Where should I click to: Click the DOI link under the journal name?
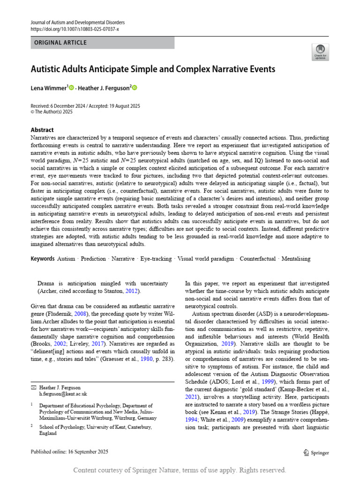(x=75, y=29)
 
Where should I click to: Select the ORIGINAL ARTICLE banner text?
(x=60, y=43)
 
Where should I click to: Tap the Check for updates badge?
(x=321, y=52)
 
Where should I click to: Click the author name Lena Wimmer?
(x=49, y=88)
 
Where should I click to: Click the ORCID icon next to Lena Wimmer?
(x=71, y=88)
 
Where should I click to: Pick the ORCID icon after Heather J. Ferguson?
(x=134, y=88)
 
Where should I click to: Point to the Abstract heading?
(x=42, y=130)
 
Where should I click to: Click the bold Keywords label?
(x=43, y=259)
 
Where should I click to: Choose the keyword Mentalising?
(x=294, y=259)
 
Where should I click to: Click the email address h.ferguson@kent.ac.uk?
(x=63, y=394)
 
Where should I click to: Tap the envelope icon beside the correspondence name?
(x=33, y=388)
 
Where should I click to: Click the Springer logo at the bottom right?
(x=316, y=452)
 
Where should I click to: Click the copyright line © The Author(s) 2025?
(x=52, y=112)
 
